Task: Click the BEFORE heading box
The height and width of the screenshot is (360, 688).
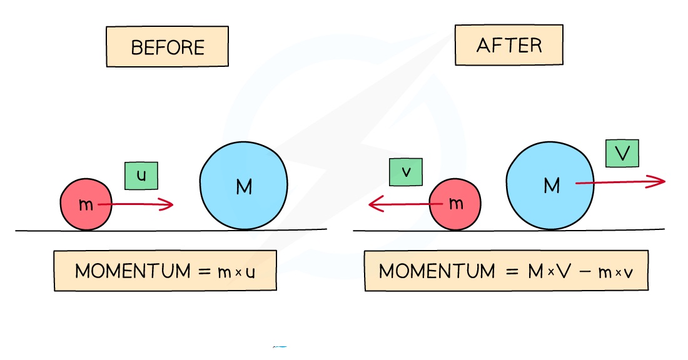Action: click(x=168, y=47)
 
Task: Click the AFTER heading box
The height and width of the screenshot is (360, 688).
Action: click(x=509, y=45)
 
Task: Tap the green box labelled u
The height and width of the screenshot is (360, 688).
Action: click(x=141, y=176)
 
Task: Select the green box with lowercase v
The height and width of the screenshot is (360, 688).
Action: click(x=406, y=172)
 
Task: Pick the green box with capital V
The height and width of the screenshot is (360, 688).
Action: click(x=622, y=153)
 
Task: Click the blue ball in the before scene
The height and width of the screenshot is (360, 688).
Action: click(x=244, y=186)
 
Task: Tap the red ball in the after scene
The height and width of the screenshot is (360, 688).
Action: click(x=455, y=204)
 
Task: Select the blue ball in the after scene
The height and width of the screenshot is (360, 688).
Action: click(x=550, y=184)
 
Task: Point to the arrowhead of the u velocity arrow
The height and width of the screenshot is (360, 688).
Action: click(x=170, y=204)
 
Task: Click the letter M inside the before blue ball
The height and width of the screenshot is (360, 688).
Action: click(x=244, y=186)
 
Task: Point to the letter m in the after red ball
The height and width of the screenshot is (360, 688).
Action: click(x=456, y=204)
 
